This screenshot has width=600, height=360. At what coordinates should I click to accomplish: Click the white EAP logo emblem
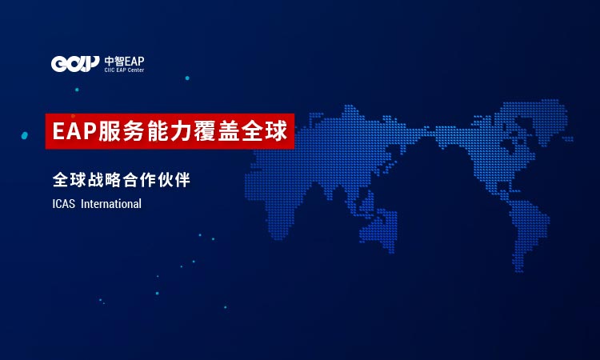pos(75,64)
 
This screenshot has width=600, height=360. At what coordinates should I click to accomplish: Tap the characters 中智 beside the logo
pos(114,62)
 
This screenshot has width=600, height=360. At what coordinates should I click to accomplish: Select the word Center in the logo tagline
pos(135,70)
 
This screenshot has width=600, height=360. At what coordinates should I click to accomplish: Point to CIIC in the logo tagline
pos(110,70)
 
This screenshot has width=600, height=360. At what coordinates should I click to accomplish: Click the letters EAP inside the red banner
pos(74,131)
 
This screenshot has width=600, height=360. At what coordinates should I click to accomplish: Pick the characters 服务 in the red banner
pos(121,131)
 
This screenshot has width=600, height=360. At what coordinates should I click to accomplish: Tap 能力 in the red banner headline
pos(168,131)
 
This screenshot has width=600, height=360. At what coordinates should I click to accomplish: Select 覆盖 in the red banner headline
pos(216,131)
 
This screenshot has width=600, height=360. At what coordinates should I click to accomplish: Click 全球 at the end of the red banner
pos(264,131)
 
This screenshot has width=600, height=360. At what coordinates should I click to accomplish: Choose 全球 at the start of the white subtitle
pos(70,180)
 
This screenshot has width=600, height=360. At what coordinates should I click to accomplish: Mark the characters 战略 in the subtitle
pos(104,180)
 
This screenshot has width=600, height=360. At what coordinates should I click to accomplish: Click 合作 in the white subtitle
pos(139,180)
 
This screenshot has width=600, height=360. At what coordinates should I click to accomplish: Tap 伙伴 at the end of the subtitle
pos(174,180)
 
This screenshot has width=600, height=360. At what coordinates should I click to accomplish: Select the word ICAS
pos(63,204)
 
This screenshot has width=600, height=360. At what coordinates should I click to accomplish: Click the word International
pos(111,204)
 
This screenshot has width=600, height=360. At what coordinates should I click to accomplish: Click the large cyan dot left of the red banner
pos(25,135)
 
